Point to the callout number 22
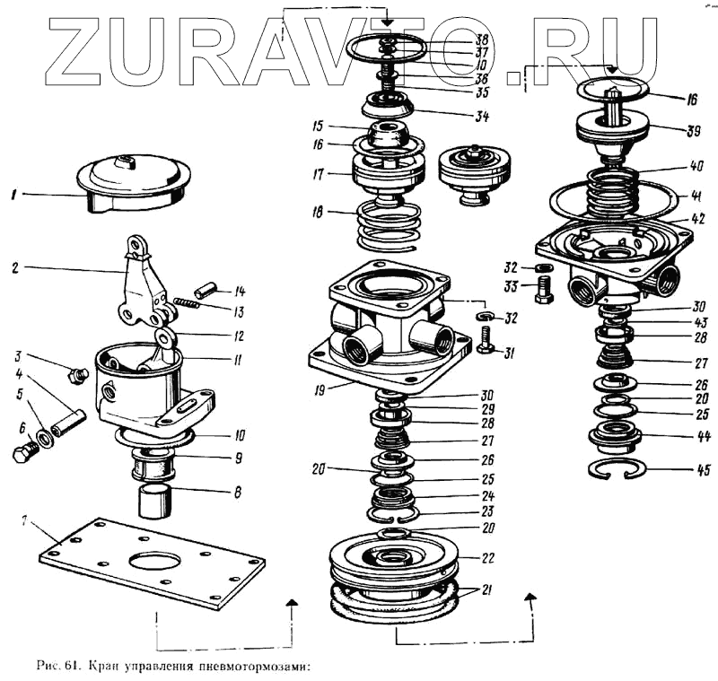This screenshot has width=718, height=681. click(x=487, y=557)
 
